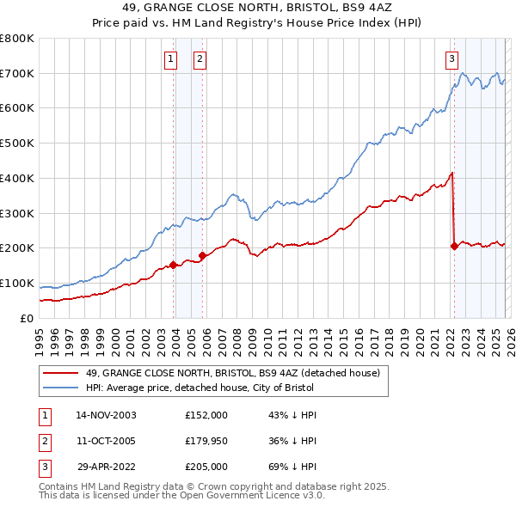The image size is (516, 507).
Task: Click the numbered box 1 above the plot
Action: tap(169, 59)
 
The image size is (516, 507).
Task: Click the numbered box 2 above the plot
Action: tap(200, 59)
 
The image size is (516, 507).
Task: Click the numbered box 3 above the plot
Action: tap(451, 59)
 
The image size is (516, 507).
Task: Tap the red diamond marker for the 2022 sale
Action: tap(454, 247)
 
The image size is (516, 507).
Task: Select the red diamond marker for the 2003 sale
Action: tap(174, 265)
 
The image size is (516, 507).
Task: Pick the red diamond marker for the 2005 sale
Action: tap(203, 255)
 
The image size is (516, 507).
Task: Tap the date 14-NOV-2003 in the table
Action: tap(106, 415)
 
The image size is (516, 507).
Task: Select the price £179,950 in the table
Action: tap(206, 440)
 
